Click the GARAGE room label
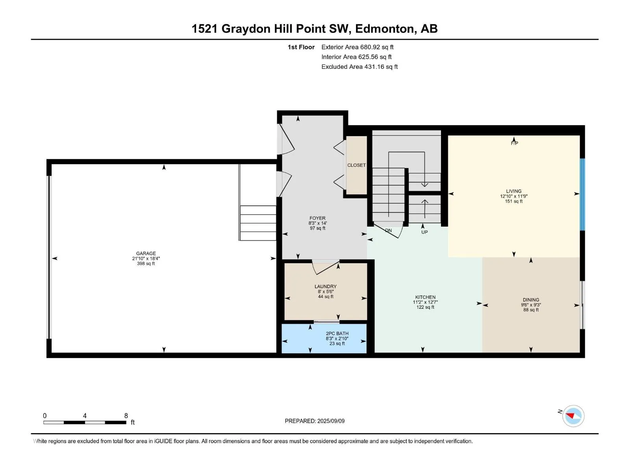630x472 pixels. tap(146, 253)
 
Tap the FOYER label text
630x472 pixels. tap(317, 218)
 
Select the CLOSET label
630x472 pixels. tap(356, 165)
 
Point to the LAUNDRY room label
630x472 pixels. tap(326, 286)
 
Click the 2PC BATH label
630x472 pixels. tap(337, 333)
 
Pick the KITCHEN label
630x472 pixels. tap(425, 297)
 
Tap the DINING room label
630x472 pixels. tap(531, 300)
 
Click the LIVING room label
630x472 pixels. tap(513, 191)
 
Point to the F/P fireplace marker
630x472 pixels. tap(514, 143)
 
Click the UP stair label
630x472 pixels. tap(424, 232)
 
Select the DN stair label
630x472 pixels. tap(388, 230)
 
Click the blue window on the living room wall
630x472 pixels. tap(582, 194)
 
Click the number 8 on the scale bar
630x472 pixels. tap(126, 415)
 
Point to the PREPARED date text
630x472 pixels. tap(315, 421)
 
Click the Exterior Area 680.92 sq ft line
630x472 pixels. tap(358, 47)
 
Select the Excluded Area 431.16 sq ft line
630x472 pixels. tap(359, 67)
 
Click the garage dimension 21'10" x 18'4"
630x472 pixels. tap(146, 258)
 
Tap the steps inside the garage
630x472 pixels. tap(258, 223)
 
